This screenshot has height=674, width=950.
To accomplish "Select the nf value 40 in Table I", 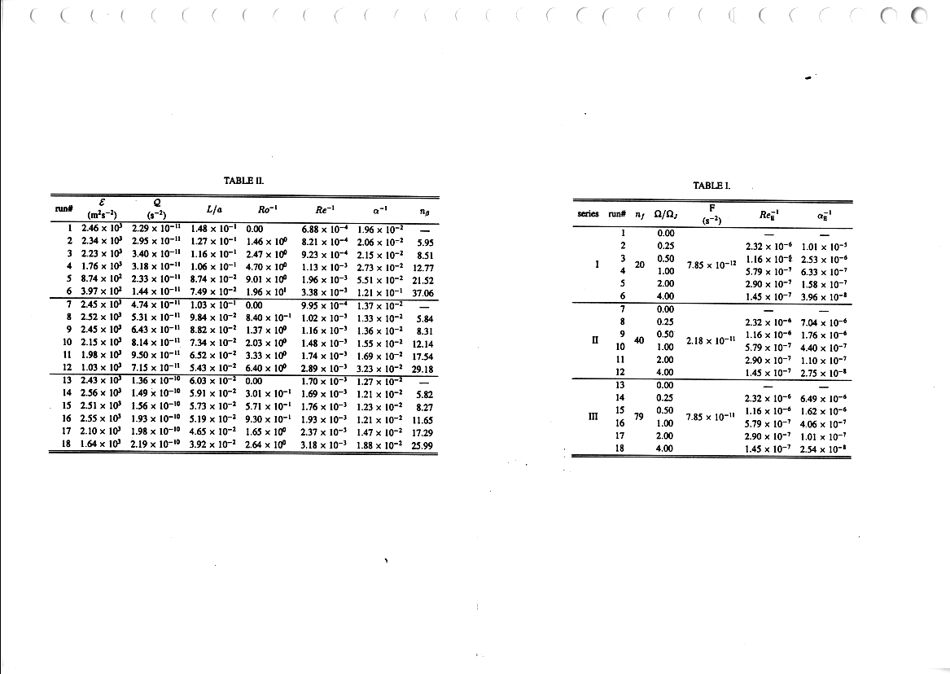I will [639, 340].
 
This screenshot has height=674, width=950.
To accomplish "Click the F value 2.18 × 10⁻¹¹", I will [712, 340].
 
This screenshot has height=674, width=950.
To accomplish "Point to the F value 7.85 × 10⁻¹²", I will [713, 264].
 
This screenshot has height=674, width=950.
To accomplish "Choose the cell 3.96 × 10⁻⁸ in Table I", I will [825, 297].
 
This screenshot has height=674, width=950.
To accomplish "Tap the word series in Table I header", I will [588, 213].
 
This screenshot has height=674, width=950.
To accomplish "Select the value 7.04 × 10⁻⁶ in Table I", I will [825, 322].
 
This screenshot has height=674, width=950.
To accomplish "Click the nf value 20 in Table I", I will [639, 264].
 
